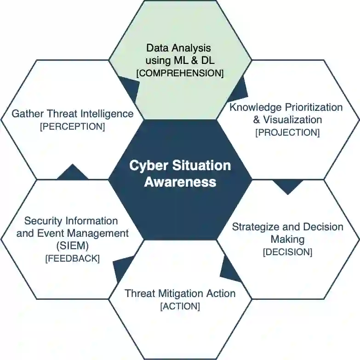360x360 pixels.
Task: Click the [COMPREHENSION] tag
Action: point(180,73)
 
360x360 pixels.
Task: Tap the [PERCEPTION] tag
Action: point(73,126)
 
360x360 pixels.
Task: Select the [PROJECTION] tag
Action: point(287,132)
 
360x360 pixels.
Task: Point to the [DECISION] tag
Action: point(287,252)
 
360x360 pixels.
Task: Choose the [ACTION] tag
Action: point(180,306)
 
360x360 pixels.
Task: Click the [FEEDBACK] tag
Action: point(72,258)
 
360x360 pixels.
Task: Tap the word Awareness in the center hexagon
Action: point(180,182)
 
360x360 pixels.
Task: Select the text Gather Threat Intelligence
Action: point(73,114)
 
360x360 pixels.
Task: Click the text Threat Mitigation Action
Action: point(180,293)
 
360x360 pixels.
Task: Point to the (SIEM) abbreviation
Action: point(73,246)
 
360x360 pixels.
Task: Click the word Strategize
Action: point(254,227)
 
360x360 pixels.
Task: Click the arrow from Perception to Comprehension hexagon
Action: point(130,87)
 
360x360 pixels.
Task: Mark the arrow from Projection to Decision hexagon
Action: point(288,186)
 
